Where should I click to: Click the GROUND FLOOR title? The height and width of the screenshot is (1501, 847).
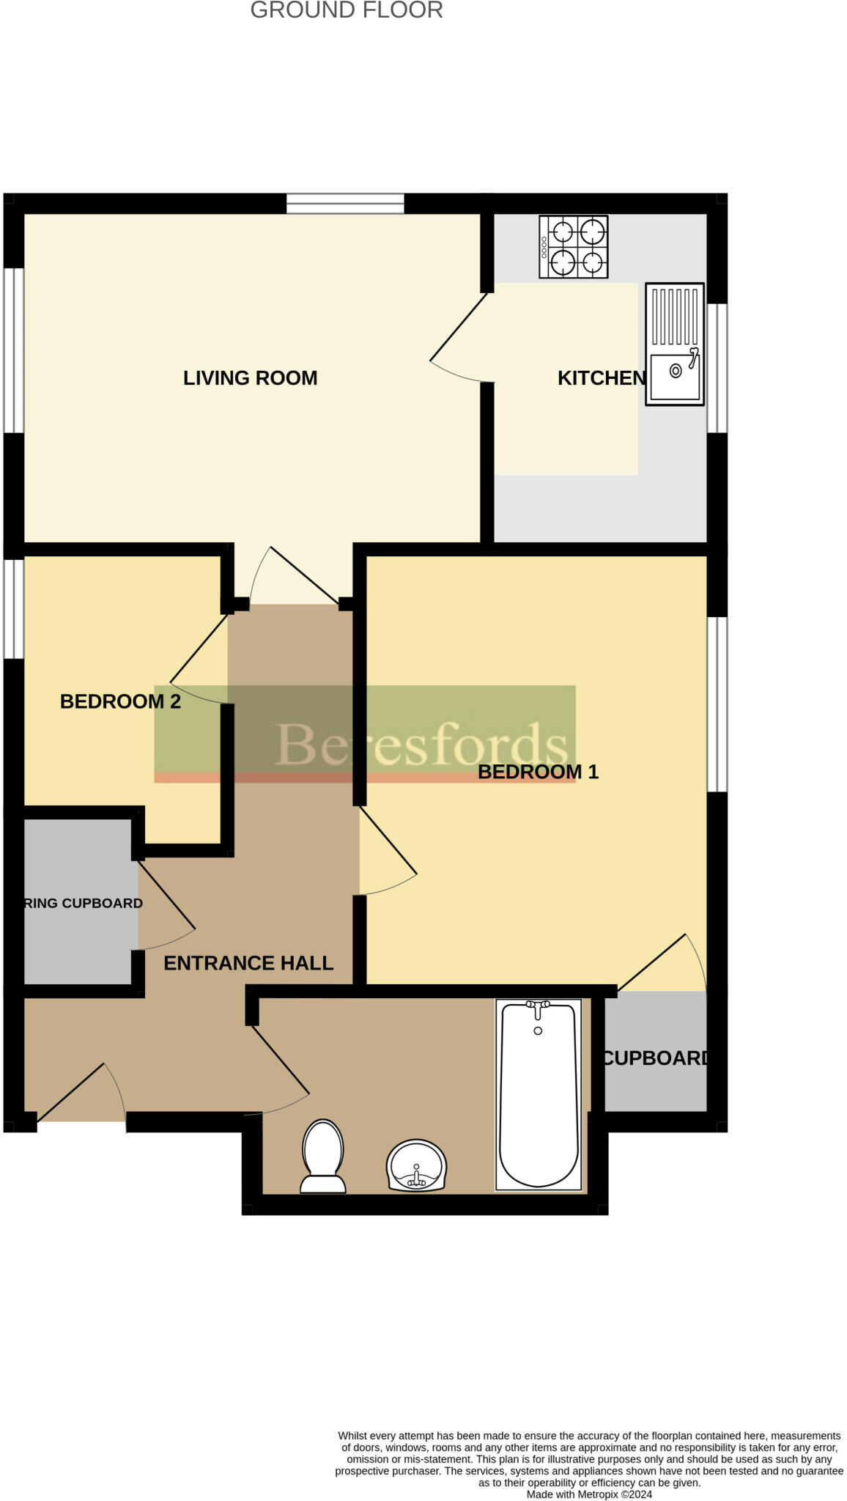pos(347,10)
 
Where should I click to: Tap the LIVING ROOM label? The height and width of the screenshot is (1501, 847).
pos(250,378)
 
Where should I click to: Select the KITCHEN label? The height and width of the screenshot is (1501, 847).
pos(601,378)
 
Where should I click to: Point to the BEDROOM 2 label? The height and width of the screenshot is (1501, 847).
pos(120,701)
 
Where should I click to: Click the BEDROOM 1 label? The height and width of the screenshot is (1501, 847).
pos(538,772)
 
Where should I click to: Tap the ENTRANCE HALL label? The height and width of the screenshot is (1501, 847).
pos(248,963)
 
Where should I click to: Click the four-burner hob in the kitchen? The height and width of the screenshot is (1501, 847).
pos(573,247)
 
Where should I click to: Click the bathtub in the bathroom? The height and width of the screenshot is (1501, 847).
pos(538,1094)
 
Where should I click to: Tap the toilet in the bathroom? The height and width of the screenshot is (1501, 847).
pos(322,1156)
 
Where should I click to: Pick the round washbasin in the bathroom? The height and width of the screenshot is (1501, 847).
pos(416,1165)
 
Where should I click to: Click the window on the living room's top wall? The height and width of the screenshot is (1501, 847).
pos(344,203)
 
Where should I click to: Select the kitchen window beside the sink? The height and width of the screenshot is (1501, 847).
pos(717,368)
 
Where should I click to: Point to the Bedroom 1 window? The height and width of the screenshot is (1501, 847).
pos(717,704)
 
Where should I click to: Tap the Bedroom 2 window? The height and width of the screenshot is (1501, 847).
pos(14,608)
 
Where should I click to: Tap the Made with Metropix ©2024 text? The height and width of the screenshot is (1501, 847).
pos(589,1494)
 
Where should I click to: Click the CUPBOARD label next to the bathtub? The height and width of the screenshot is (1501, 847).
pos(655,1058)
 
